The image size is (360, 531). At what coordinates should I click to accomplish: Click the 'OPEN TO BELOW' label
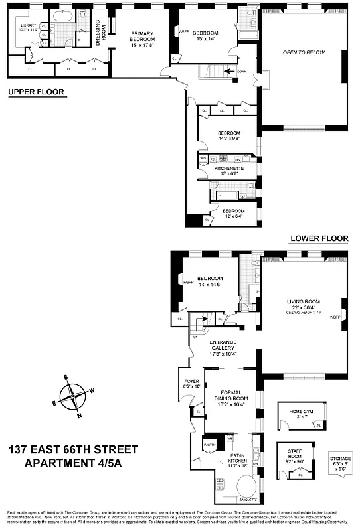[303, 52]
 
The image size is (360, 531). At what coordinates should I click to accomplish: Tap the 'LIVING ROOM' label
[303, 303]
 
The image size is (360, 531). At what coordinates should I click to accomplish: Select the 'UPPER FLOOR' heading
[37, 92]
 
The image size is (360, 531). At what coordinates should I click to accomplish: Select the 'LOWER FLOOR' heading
[319, 238]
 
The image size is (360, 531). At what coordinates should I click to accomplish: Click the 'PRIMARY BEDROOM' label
[141, 38]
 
